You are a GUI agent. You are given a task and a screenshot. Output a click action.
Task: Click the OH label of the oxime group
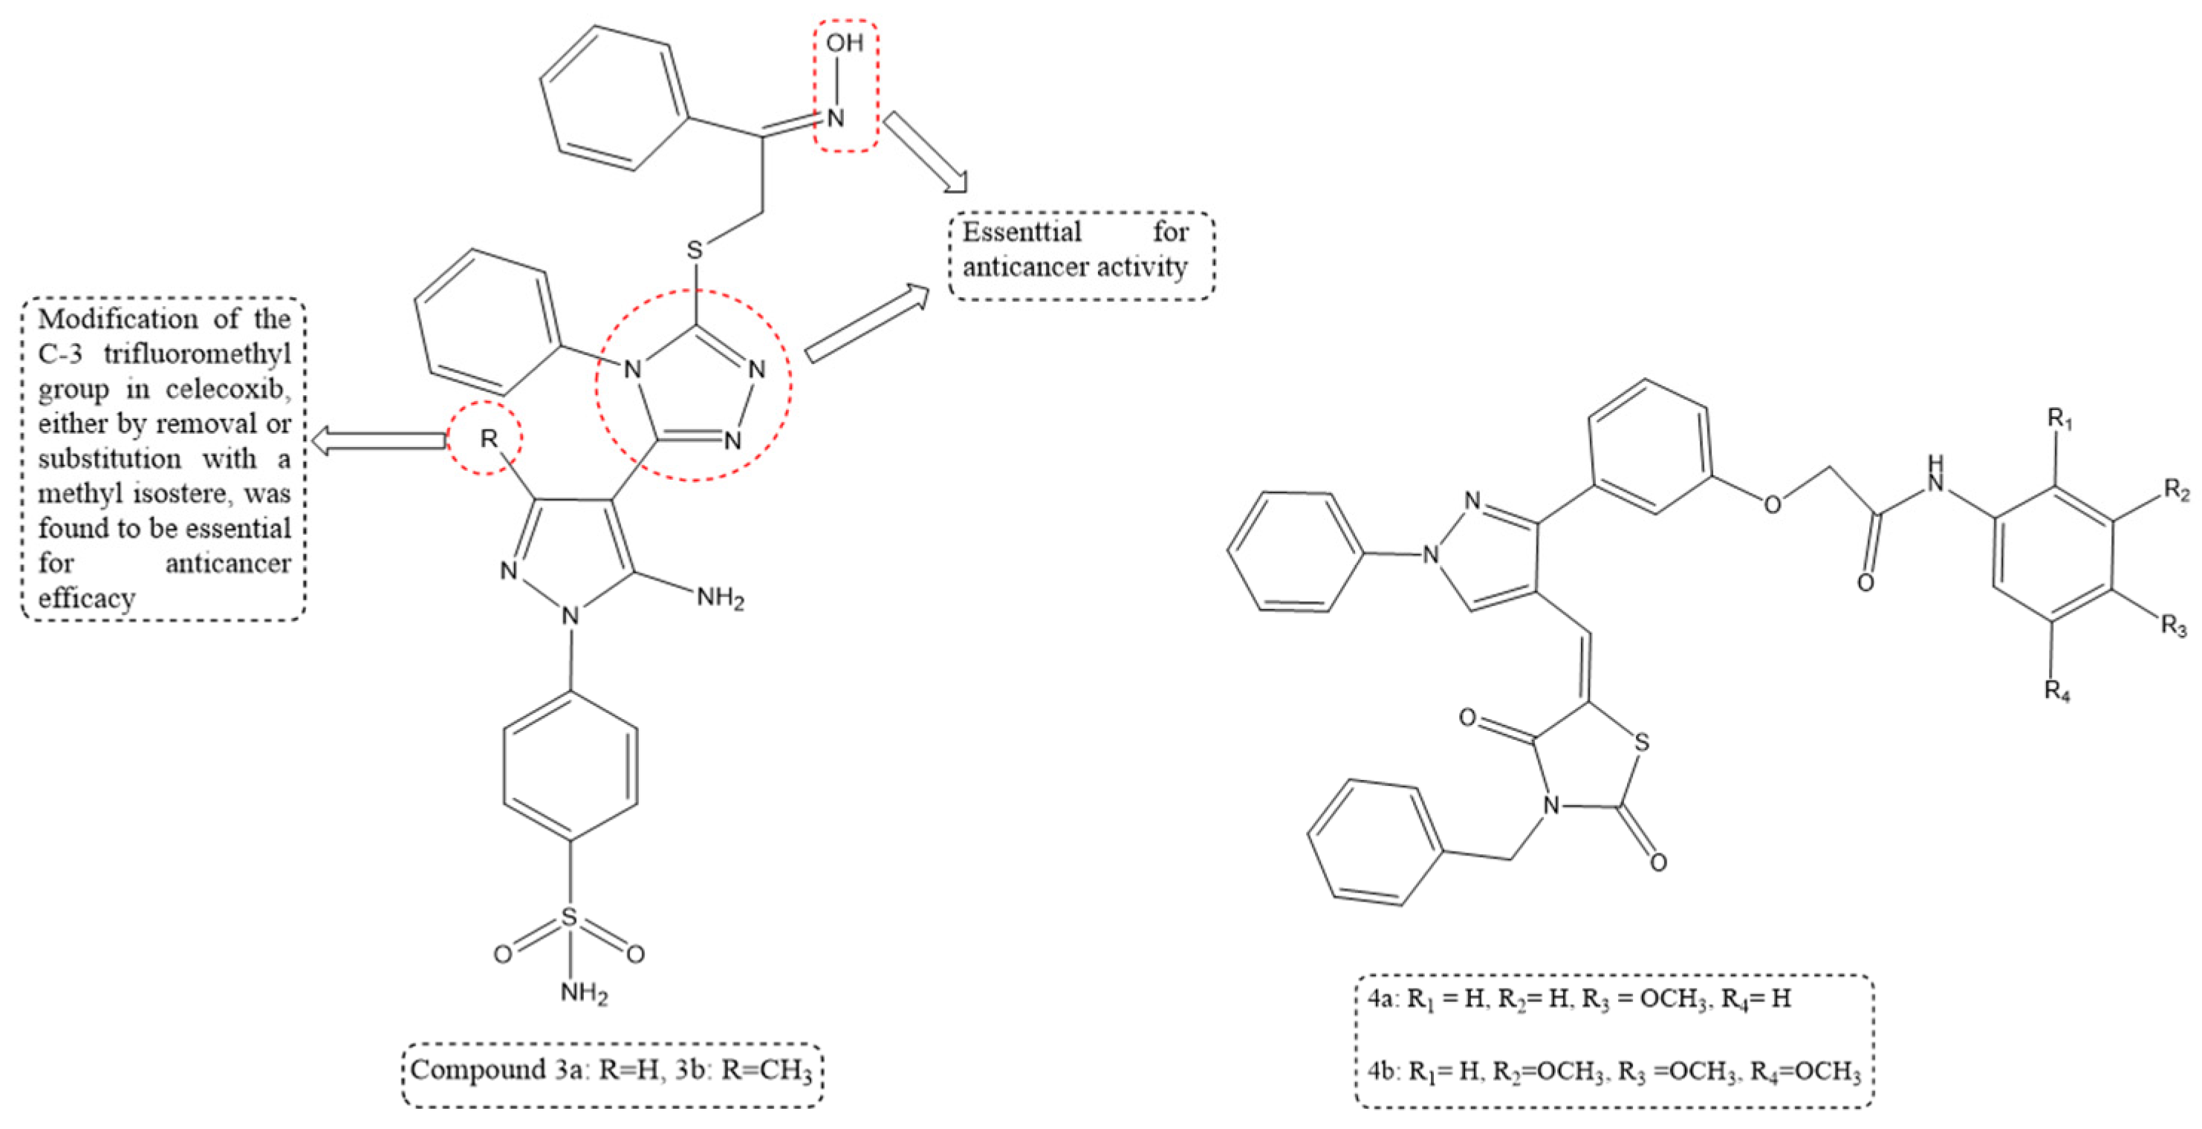pyautogui.click(x=844, y=43)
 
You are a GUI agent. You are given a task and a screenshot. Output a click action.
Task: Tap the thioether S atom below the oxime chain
pyautogui.click(x=694, y=250)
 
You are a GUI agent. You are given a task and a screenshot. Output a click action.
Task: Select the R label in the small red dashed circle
pyautogui.click(x=488, y=439)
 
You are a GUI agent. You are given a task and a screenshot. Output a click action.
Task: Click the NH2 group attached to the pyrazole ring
pyautogui.click(x=720, y=597)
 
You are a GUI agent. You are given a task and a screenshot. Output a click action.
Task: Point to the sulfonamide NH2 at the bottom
pyautogui.click(x=584, y=993)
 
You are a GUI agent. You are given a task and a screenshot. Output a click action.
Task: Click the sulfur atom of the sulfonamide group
pyautogui.click(x=569, y=918)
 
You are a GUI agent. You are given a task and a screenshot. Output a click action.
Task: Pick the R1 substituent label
pyautogui.click(x=2060, y=420)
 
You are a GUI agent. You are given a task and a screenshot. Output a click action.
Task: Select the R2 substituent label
pyautogui.click(x=2176, y=490)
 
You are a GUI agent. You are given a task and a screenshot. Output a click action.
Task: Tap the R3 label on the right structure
pyautogui.click(x=2174, y=626)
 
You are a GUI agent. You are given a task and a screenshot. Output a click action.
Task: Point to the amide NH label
pyautogui.click(x=1935, y=475)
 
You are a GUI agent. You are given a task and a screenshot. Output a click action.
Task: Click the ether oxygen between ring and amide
pyautogui.click(x=1772, y=504)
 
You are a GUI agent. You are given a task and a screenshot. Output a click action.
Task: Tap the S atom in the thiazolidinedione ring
pyautogui.click(x=1641, y=743)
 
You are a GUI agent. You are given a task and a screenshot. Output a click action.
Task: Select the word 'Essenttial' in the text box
pyautogui.click(x=1022, y=232)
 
